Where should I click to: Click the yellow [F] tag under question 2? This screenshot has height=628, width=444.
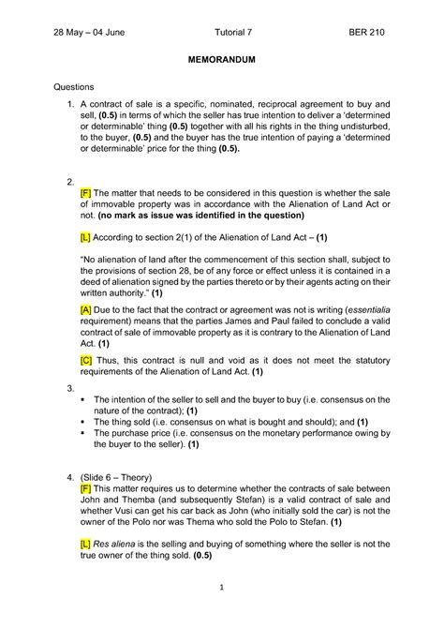[x=86, y=190]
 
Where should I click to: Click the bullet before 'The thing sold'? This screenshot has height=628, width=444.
[x=84, y=422]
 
